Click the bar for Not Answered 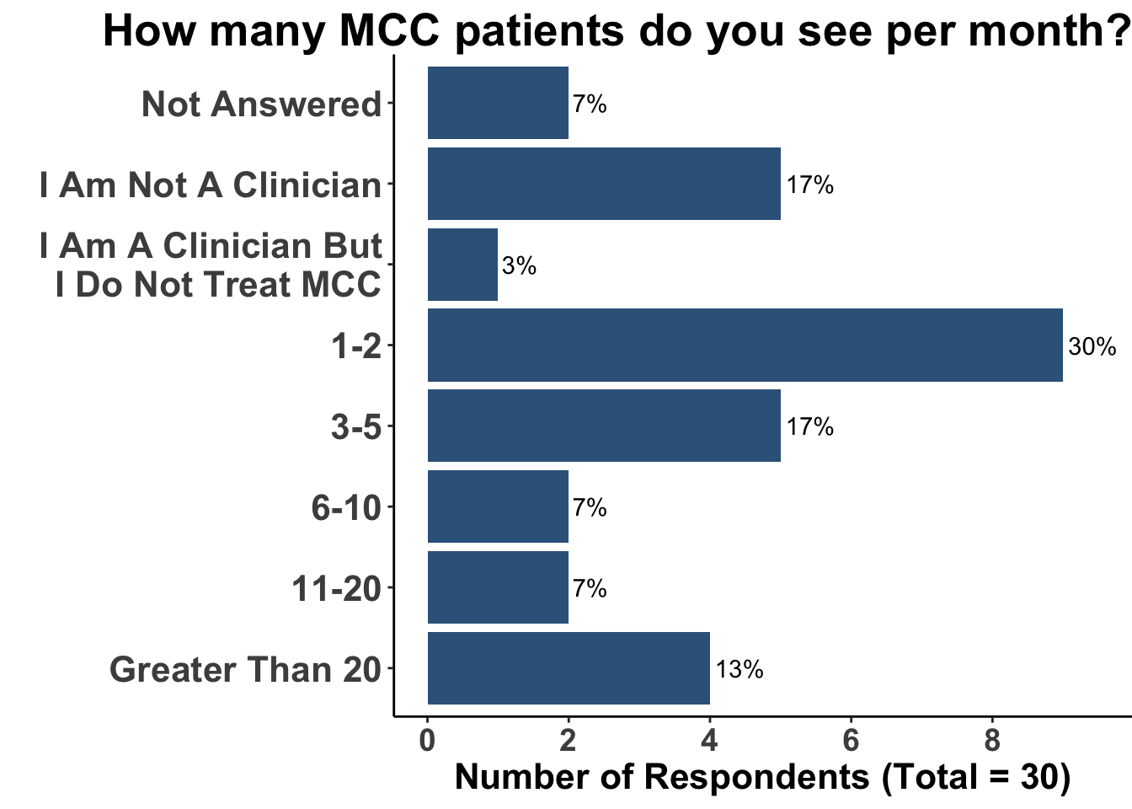click(498, 103)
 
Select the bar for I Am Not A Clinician click(604, 184)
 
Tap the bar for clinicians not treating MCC click(462, 265)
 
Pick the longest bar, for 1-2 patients click(745, 346)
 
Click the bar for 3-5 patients click(604, 426)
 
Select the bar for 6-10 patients click(498, 506)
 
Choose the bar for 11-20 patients click(498, 587)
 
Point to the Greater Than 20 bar click(569, 668)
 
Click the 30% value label click(1092, 346)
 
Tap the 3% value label click(519, 266)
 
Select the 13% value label click(740, 670)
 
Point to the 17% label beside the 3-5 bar click(810, 427)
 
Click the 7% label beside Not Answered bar click(590, 104)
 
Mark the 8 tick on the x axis click(992, 741)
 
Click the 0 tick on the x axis click(427, 741)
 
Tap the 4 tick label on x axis click(710, 741)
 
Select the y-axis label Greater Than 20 click(245, 670)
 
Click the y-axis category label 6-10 click(346, 508)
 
